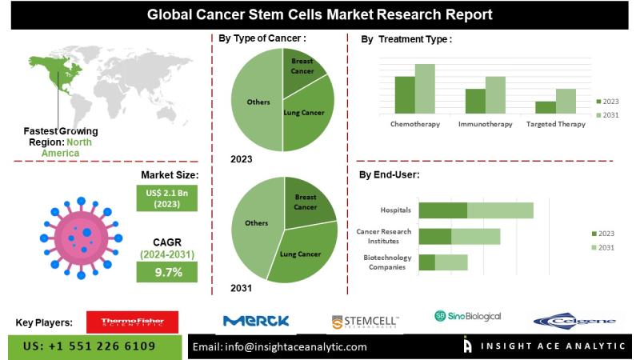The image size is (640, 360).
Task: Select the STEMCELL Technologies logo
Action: (x=365, y=322)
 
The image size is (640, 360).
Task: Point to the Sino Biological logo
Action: (x=468, y=316)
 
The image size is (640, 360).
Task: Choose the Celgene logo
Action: (x=574, y=322)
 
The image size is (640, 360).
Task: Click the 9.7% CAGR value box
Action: (x=169, y=273)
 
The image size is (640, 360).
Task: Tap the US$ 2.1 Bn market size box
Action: (x=169, y=198)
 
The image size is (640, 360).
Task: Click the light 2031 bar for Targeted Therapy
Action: (x=566, y=100)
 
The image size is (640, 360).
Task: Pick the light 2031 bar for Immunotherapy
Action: (x=495, y=94)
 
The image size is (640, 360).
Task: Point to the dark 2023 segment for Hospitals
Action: (x=442, y=210)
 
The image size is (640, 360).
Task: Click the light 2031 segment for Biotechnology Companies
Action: (x=451, y=262)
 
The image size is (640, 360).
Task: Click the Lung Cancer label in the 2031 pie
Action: (x=301, y=254)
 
